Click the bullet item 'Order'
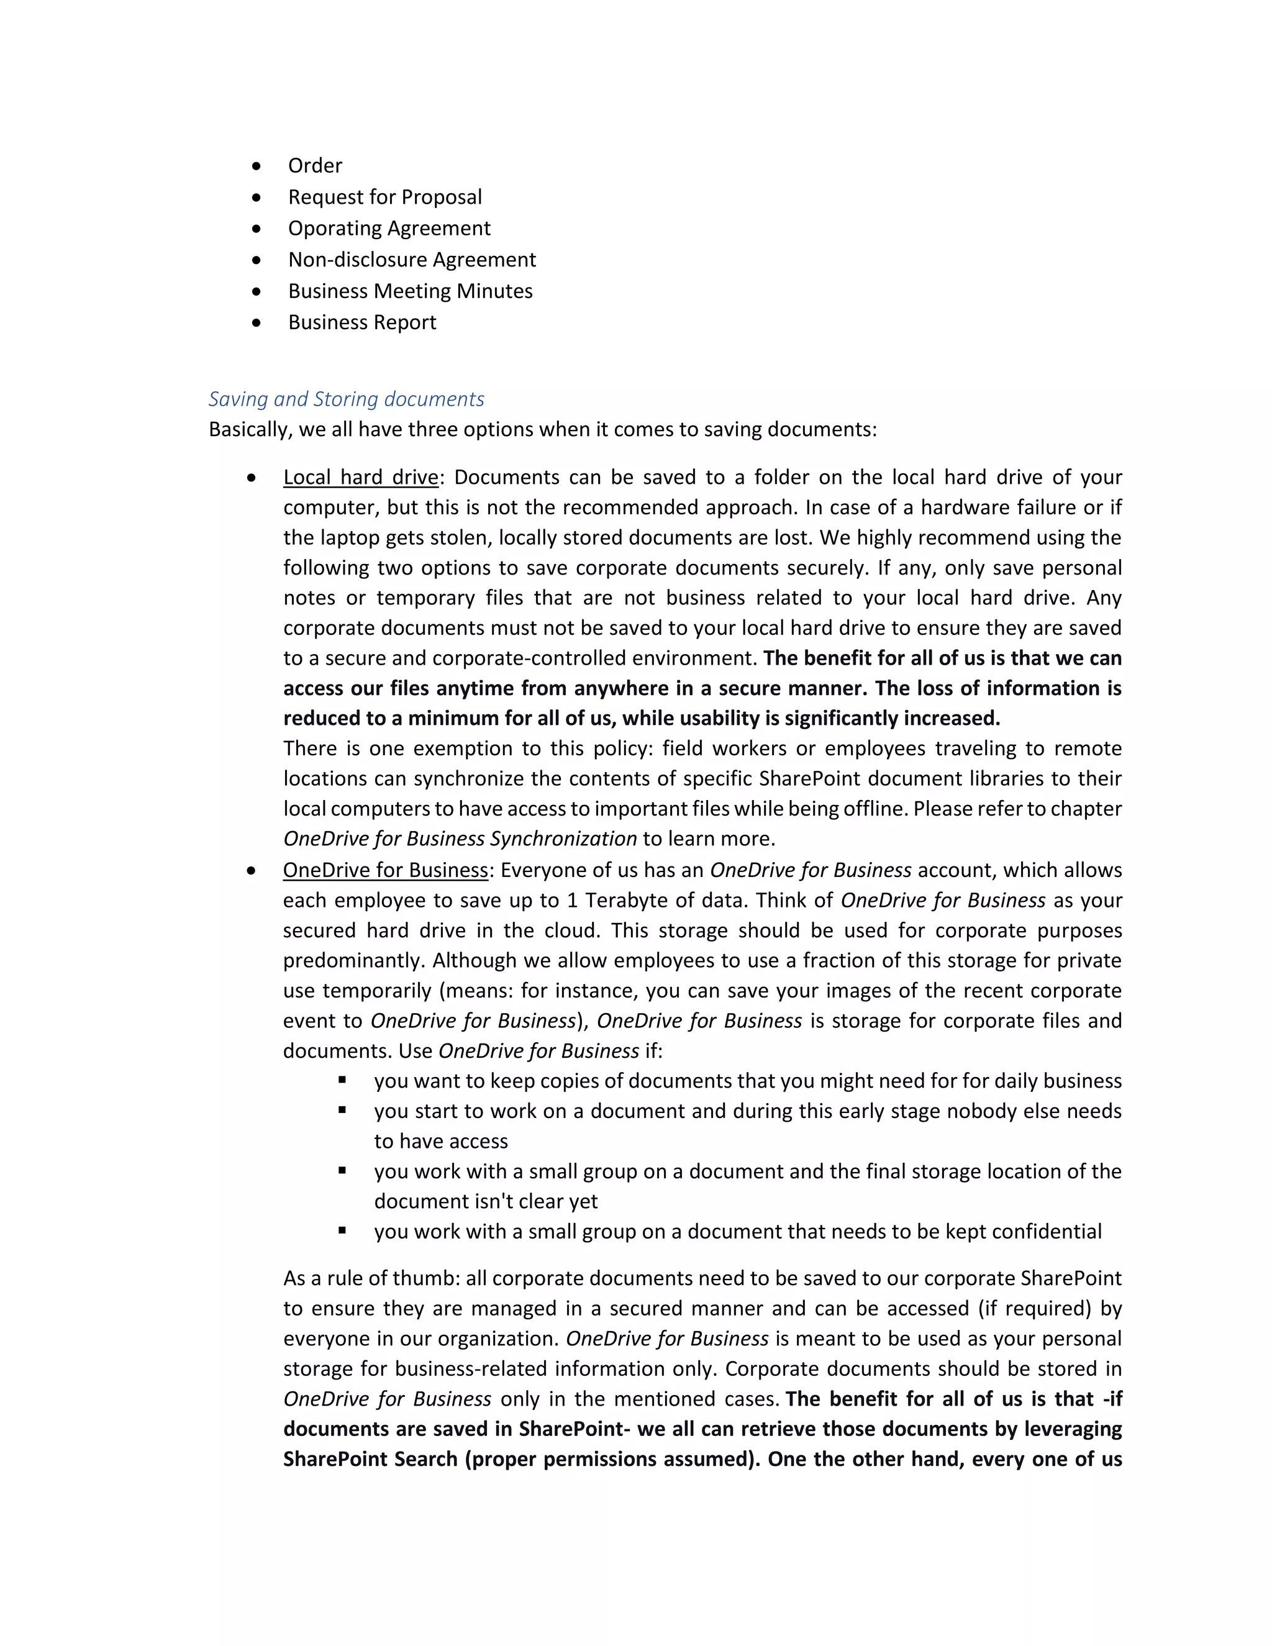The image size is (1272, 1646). point(315,166)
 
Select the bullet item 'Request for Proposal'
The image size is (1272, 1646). point(384,198)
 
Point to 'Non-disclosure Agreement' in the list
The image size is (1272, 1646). point(411,260)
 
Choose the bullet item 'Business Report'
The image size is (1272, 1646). point(361,322)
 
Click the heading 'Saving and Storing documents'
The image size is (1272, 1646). point(346,399)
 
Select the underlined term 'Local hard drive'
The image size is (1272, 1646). point(360,478)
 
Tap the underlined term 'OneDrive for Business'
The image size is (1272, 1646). point(386,870)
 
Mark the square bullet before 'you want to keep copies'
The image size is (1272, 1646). point(342,1080)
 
